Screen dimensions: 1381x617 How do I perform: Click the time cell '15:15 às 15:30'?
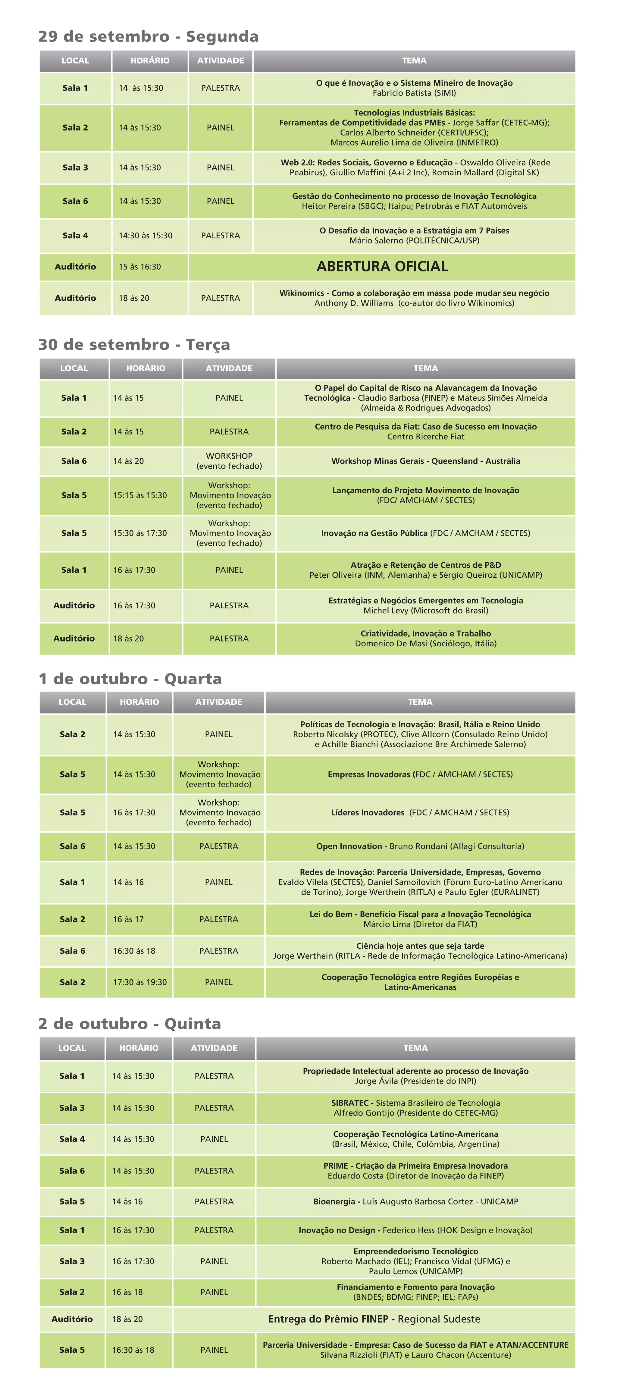click(140, 495)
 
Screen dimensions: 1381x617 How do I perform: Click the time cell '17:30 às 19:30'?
click(139, 982)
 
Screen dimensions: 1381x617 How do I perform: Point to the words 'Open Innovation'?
click(349, 846)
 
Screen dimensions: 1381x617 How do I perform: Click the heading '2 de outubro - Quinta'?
click(130, 1024)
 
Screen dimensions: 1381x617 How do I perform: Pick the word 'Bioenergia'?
click(334, 1201)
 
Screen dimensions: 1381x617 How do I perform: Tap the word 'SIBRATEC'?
click(349, 1103)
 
